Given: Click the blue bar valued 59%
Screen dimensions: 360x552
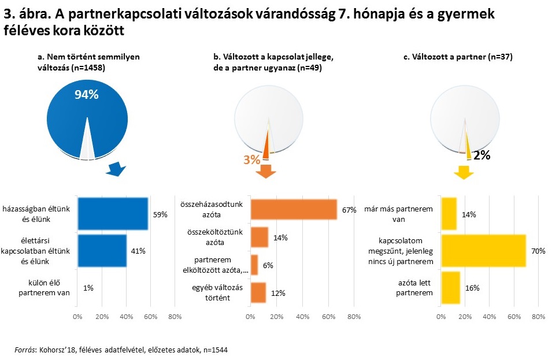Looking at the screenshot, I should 113,214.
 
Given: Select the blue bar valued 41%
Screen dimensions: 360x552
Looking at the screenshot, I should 102,250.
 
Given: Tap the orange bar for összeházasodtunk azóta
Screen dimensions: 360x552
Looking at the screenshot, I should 294,209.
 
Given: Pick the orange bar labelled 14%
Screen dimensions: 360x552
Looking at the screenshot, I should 260,237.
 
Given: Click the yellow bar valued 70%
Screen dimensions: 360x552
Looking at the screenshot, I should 483,250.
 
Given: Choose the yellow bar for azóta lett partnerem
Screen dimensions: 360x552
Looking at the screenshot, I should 450,287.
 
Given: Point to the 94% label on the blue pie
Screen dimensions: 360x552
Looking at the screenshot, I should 87,95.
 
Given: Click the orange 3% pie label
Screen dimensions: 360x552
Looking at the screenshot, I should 251,159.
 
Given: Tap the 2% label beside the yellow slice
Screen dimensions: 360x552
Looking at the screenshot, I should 482,155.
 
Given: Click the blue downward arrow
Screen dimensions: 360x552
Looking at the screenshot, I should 116,170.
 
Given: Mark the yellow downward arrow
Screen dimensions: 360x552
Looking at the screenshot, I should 464,172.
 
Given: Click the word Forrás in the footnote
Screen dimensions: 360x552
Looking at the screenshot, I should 25,350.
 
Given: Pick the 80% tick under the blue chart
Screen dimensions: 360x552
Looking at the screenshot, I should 175,316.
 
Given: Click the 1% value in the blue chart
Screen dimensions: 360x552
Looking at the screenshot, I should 88,287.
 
